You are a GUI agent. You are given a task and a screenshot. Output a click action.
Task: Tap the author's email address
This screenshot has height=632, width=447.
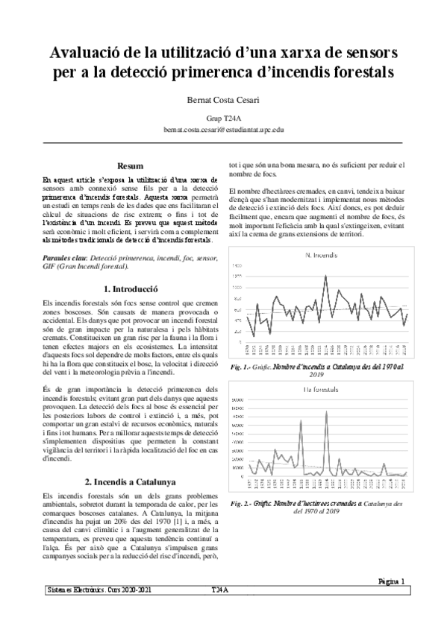pyautogui.click(x=223, y=129)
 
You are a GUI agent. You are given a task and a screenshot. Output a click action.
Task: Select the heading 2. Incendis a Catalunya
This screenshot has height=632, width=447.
pyautogui.click(x=131, y=481)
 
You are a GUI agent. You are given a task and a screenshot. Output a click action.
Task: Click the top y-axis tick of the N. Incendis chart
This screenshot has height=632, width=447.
pyautogui.click(x=237, y=265)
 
